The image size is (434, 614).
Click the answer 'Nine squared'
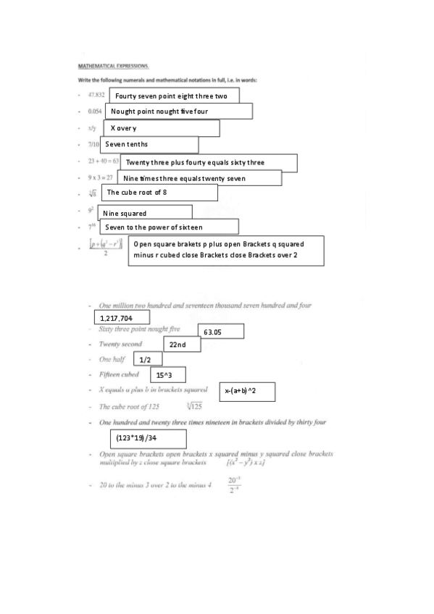pyautogui.click(x=150, y=214)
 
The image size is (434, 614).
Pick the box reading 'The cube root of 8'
pyautogui.click(x=159, y=193)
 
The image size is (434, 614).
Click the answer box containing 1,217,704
pyautogui.click(x=122, y=318)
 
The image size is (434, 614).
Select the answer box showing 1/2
pyautogui.click(x=146, y=360)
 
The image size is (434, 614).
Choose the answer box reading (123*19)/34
pyautogui.click(x=148, y=439)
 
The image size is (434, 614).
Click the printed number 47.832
pyautogui.click(x=96, y=95)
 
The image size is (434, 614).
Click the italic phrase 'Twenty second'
pyautogui.click(x=120, y=345)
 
